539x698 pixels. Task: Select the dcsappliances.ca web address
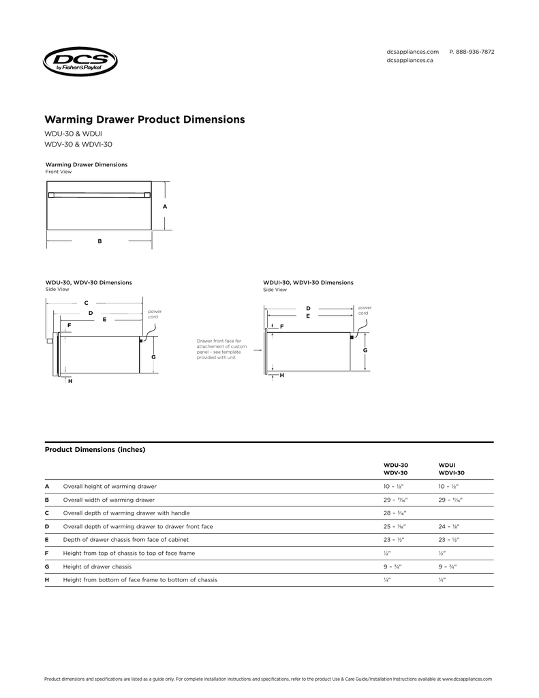point(410,61)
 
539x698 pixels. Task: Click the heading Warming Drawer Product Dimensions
point(144,119)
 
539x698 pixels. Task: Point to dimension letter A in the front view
point(165,206)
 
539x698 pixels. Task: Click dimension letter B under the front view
point(99,241)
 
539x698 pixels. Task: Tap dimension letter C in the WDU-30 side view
point(86,302)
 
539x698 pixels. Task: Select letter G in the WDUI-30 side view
point(365,350)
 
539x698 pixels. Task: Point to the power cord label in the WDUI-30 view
point(364,310)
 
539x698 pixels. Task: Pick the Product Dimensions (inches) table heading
point(95,450)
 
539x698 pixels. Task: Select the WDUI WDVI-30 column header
point(451,468)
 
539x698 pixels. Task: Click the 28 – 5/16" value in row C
point(392,513)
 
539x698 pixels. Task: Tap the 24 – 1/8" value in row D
point(448,526)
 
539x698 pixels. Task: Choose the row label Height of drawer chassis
point(97,566)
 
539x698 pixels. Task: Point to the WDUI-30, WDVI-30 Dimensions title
point(308,282)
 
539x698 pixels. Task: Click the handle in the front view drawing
point(99,194)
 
